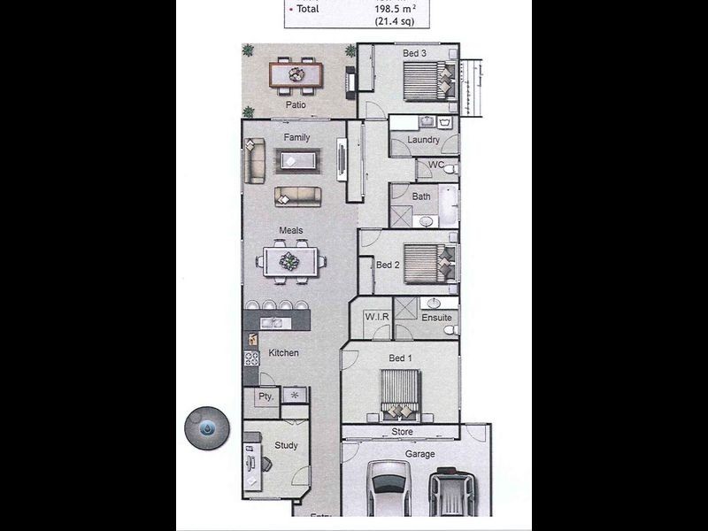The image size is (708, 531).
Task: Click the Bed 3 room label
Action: tap(414, 53)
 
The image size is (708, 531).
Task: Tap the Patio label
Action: tap(296, 104)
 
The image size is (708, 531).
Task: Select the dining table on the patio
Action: tap(296, 74)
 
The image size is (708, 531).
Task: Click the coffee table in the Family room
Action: tap(298, 160)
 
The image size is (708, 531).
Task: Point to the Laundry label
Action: tap(423, 140)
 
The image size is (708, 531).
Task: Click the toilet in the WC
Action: tap(450, 170)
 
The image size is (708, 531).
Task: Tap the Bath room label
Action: tap(421, 196)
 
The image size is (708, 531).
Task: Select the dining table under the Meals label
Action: tap(290, 261)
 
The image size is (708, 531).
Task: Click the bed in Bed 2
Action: tap(430, 264)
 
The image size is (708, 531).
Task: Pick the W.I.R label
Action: tap(377, 317)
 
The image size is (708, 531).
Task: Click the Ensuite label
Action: tap(436, 318)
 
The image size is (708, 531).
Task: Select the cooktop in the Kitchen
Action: tap(251, 359)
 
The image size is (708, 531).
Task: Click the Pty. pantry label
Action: tap(266, 396)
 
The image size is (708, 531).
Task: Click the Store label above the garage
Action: tap(402, 432)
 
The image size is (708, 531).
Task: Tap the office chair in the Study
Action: tap(265, 464)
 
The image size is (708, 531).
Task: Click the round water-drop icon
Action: tap(207, 428)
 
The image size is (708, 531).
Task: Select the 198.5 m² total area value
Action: tap(396, 9)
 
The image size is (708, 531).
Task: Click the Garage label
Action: tap(419, 454)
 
